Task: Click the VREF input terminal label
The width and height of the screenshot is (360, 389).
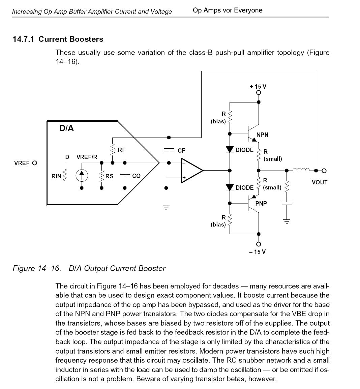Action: [x=22, y=163]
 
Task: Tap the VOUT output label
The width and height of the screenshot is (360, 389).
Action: [x=320, y=182]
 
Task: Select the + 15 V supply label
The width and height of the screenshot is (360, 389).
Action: [x=258, y=87]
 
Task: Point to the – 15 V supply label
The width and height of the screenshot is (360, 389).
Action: [x=258, y=252]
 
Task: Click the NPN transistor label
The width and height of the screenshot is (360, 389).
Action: [x=262, y=135]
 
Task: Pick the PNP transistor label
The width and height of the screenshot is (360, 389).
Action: [x=261, y=203]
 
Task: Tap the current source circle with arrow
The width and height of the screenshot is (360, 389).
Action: [x=81, y=175]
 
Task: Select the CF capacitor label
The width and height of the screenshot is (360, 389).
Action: [x=181, y=151]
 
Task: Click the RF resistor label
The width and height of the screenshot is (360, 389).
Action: [x=122, y=150]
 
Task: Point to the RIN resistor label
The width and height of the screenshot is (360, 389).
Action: [x=56, y=176]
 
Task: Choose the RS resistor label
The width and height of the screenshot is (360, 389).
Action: [x=109, y=176]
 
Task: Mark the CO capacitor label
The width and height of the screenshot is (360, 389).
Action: [x=136, y=176]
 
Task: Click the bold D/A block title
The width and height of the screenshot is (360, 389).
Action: [x=66, y=128]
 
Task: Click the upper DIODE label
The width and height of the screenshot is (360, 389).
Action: [x=244, y=150]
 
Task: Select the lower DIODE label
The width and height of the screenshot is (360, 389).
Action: [x=244, y=188]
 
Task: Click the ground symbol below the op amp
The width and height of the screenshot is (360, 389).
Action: [x=166, y=207]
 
